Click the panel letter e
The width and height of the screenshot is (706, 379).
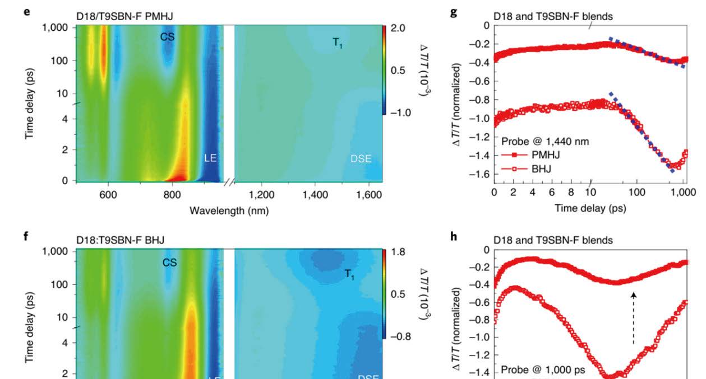pos(26,11)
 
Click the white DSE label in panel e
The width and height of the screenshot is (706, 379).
pos(361,160)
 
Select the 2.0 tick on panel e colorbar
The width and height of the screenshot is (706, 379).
pos(398,29)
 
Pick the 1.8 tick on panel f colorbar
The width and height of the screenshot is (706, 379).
pos(398,252)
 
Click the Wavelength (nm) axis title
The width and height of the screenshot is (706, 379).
pos(229,210)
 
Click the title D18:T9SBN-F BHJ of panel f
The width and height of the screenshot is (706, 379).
pos(121,240)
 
